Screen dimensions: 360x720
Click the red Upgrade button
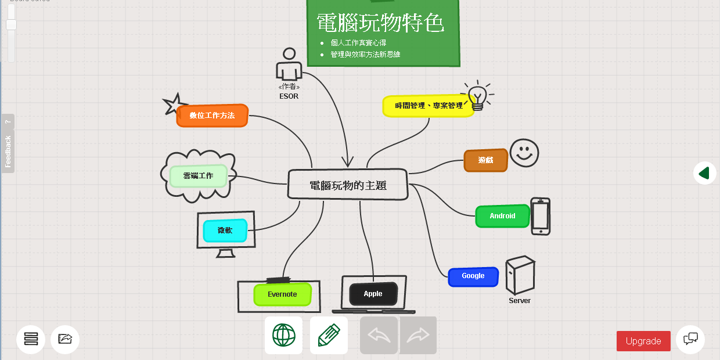(643, 341)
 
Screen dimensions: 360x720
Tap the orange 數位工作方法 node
(213, 116)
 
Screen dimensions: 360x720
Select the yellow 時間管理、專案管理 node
(429, 106)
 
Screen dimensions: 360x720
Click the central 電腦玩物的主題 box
(348, 185)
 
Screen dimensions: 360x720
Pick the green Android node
(502, 216)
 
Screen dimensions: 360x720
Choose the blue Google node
(473, 276)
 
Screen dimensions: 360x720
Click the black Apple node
(373, 294)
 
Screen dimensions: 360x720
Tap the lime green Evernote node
(282, 294)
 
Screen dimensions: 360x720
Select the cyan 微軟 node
(225, 231)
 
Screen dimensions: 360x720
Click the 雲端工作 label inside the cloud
(198, 175)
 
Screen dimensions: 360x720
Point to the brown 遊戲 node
(486, 160)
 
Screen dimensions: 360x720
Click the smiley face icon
(524, 153)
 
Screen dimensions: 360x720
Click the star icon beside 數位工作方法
(173, 105)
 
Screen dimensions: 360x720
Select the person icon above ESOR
(289, 64)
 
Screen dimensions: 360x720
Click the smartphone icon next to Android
(541, 217)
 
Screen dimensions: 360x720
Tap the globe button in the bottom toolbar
(283, 335)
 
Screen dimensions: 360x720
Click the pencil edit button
(329, 335)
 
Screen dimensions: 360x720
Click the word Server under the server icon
(520, 301)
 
